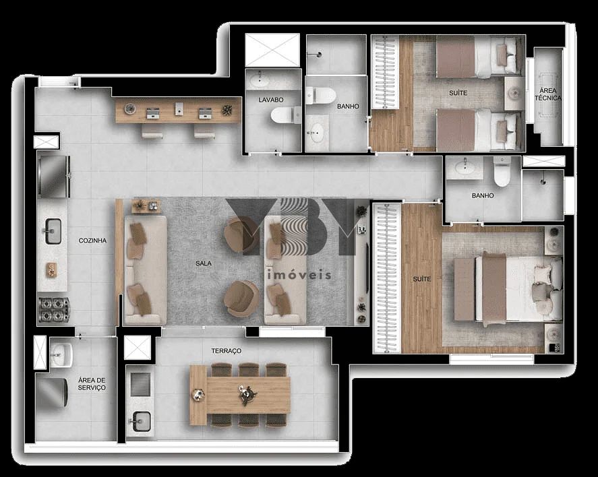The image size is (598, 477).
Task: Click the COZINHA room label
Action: pyautogui.click(x=92, y=241)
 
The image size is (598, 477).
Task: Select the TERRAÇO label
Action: pyautogui.click(x=226, y=351)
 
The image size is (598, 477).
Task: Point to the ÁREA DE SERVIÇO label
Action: pyautogui.click(x=92, y=384)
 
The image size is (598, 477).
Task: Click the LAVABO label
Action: pyautogui.click(x=270, y=100)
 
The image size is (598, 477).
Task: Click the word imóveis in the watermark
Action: pyautogui.click(x=299, y=274)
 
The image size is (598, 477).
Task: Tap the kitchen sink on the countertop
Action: pyautogui.click(x=53, y=231)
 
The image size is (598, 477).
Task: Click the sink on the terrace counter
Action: pyautogui.click(x=140, y=420)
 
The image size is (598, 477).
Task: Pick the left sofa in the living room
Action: pyautogui.click(x=144, y=269)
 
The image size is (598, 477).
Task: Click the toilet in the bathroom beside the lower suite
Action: pyautogui.click(x=502, y=173)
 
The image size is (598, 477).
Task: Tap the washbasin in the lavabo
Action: pyautogui.click(x=258, y=82)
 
